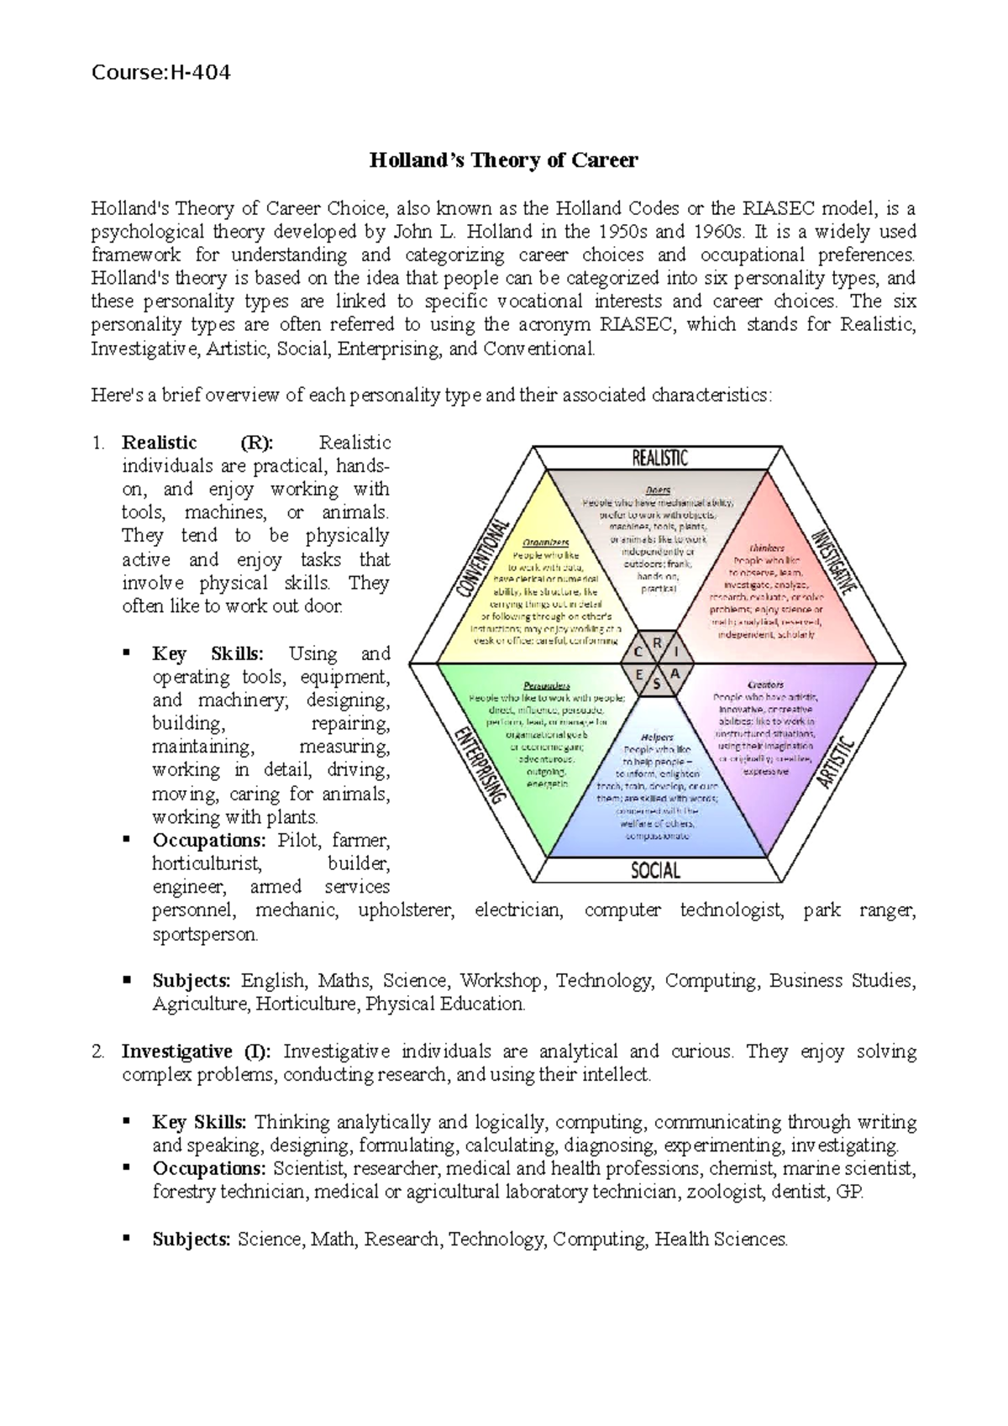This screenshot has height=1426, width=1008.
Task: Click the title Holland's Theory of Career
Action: click(x=504, y=160)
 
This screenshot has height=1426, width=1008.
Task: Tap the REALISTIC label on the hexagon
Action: click(x=659, y=458)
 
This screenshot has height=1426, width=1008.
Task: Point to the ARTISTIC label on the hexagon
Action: click(x=837, y=763)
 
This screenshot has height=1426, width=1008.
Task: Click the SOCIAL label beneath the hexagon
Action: click(x=655, y=870)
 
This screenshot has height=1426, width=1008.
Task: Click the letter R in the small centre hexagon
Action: click(x=657, y=643)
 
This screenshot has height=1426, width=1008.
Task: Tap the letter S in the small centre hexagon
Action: click(x=656, y=684)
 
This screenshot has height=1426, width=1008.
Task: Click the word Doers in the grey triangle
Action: click(x=658, y=490)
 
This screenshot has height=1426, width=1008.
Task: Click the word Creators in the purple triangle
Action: click(x=765, y=684)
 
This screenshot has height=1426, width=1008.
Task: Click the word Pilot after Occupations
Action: click(x=300, y=840)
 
